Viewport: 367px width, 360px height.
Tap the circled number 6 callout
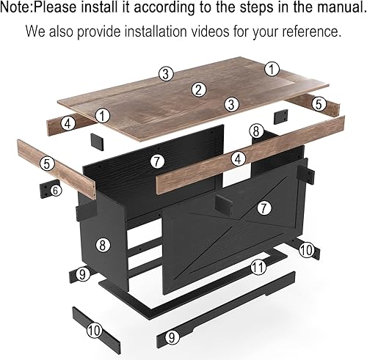pyautogui.click(x=56, y=190)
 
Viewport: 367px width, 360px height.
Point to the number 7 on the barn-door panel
pyautogui.click(x=264, y=208)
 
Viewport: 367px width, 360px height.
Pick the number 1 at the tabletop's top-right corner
pyautogui.click(x=272, y=70)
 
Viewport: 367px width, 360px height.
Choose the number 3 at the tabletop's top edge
pyautogui.click(x=167, y=73)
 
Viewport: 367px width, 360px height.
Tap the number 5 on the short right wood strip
pyautogui.click(x=319, y=104)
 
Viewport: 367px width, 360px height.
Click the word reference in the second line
pyautogui.click(x=312, y=33)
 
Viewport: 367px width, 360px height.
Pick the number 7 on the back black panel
pyautogui.click(x=156, y=160)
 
